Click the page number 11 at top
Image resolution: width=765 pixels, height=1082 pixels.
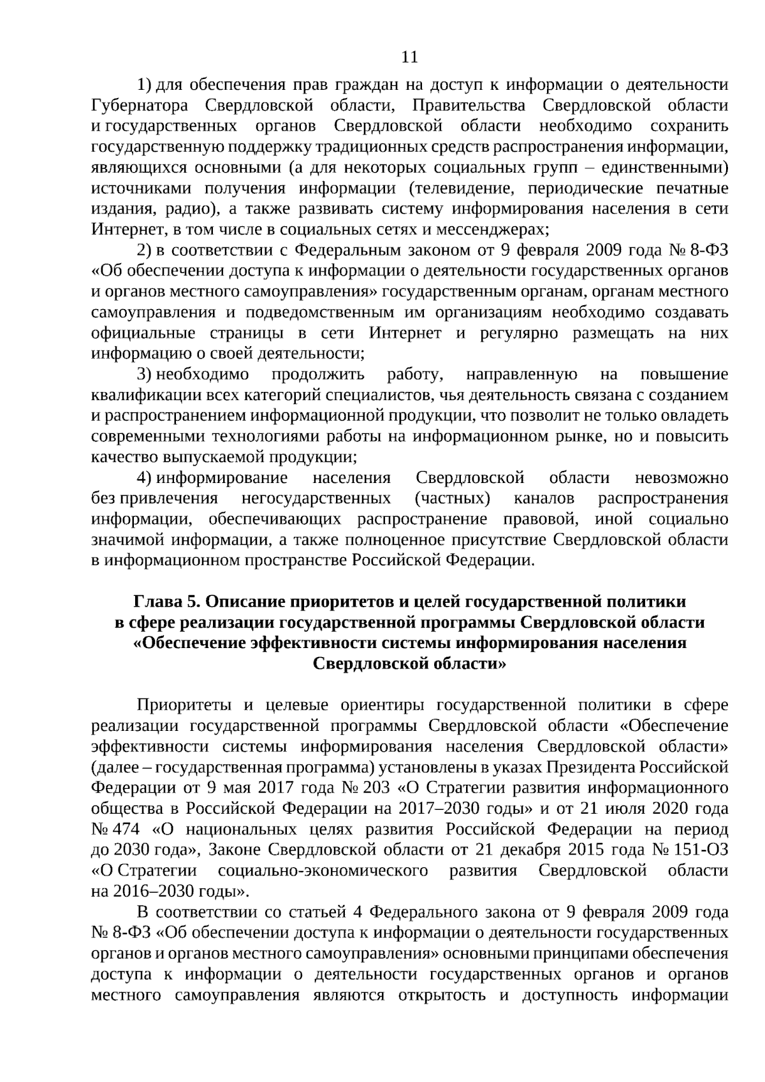click(x=410, y=57)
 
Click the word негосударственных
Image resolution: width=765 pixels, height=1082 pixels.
click(x=316, y=498)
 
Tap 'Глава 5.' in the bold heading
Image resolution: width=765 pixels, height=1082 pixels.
click(x=167, y=602)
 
